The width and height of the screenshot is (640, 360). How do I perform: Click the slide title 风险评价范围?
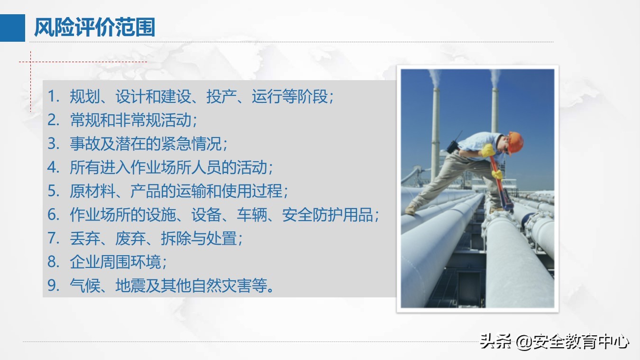pos(94,28)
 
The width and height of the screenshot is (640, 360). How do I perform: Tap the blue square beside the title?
pos(12,28)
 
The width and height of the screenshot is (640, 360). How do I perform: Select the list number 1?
pos(53,97)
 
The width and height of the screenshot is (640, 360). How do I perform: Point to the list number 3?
pos(53,144)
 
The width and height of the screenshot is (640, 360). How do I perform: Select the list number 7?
pos(53,238)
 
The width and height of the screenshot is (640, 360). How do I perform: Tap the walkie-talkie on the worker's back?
pos(453,143)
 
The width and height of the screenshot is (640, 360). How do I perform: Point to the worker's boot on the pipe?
pos(411,209)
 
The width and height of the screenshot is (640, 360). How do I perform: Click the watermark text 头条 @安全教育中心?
pos(555,342)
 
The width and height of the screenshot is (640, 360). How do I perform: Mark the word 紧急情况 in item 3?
pos(191,144)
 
